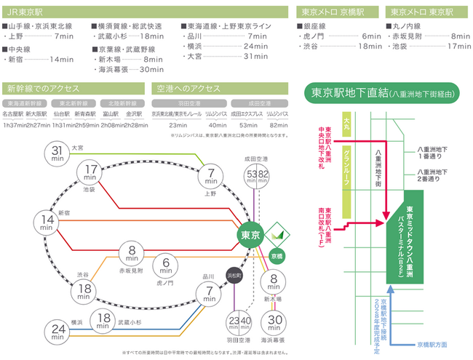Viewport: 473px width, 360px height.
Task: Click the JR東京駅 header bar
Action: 146,12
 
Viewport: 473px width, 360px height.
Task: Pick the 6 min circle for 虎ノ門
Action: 167,266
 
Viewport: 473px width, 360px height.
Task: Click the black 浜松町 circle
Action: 234,275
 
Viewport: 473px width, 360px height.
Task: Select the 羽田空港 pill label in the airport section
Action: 185,103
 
